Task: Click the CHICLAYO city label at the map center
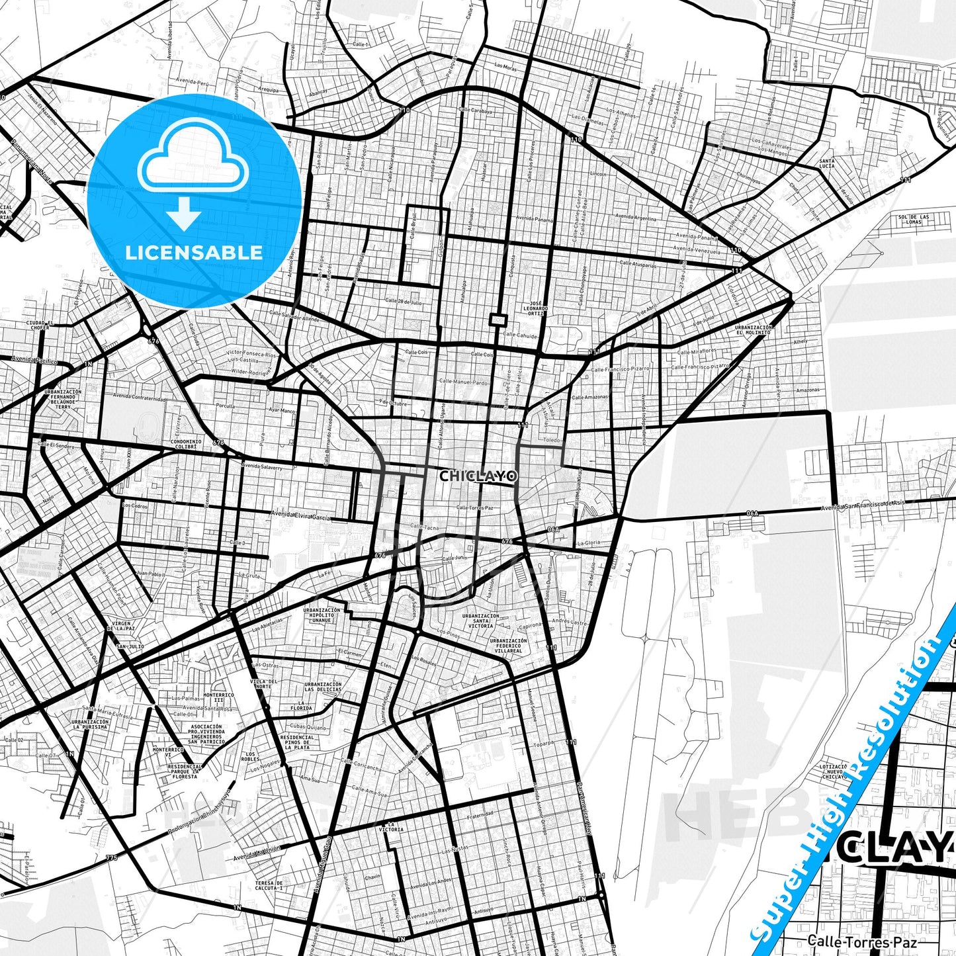click(x=478, y=476)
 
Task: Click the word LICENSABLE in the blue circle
click(x=194, y=253)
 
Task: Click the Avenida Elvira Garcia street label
click(x=300, y=515)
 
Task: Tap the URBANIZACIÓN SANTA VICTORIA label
click(x=481, y=621)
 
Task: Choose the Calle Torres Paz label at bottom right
click(x=849, y=941)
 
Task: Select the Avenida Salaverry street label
click(x=262, y=466)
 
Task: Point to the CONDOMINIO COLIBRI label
click(x=186, y=444)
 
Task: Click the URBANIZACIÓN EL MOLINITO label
click(x=753, y=330)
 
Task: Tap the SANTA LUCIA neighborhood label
click(x=826, y=163)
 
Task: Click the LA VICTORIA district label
click(x=391, y=827)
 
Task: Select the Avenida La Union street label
click(x=256, y=853)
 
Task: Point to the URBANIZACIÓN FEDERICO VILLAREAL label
click(x=509, y=646)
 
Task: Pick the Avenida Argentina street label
click(x=636, y=217)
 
